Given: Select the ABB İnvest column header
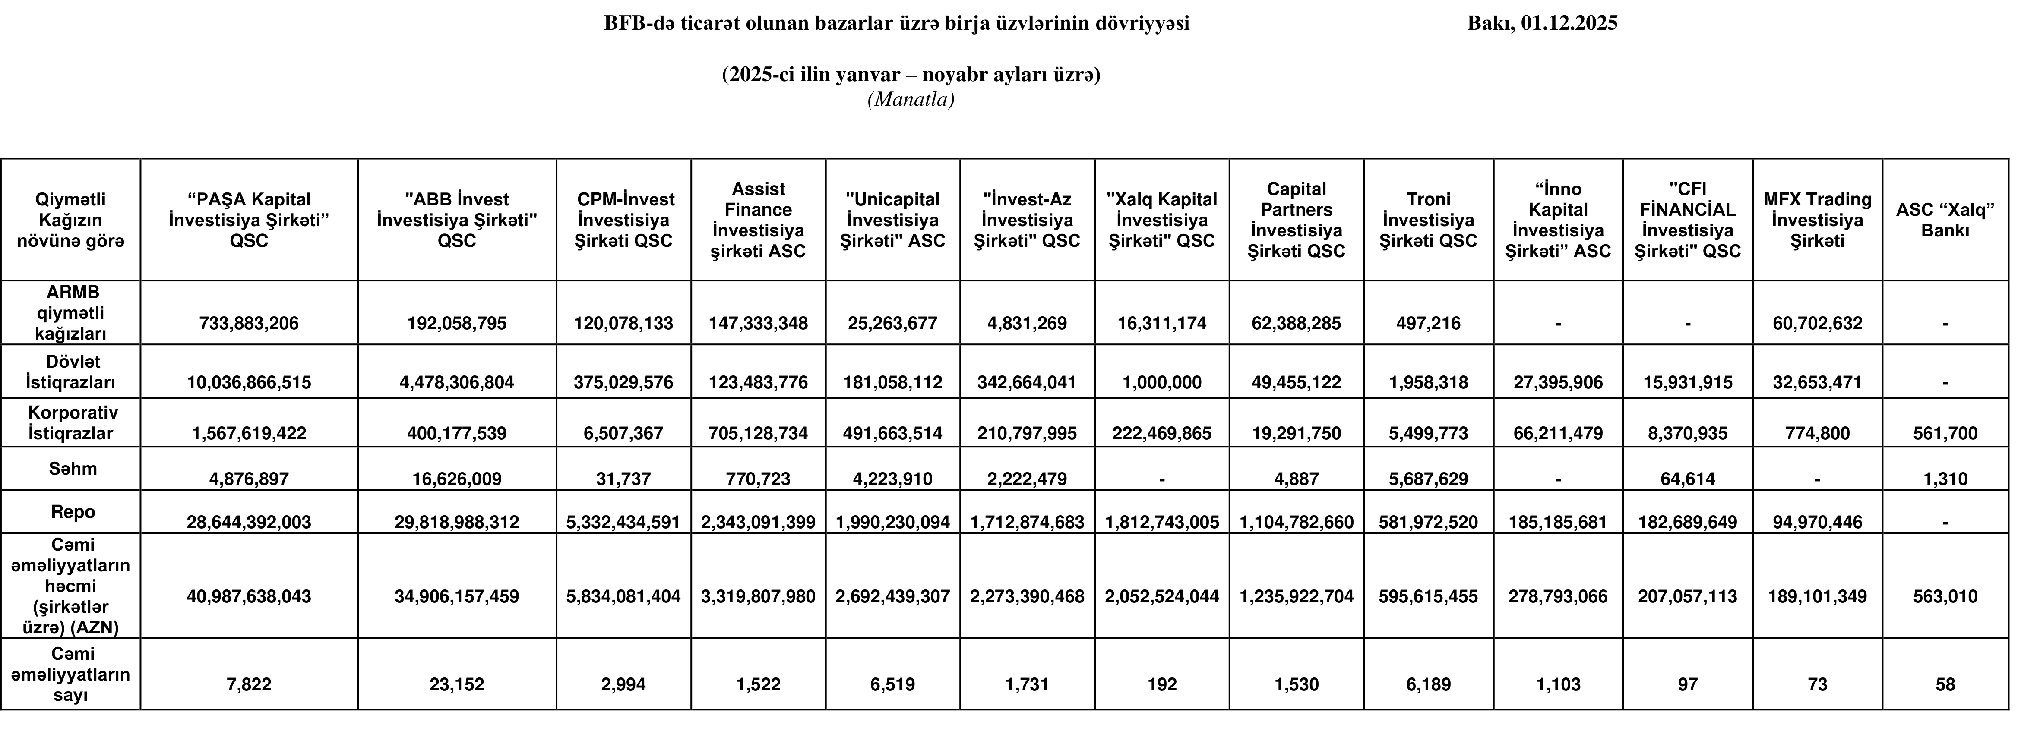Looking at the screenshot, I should click(x=457, y=221).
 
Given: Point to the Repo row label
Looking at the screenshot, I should click(x=72, y=512).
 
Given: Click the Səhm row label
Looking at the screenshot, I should click(x=72, y=469).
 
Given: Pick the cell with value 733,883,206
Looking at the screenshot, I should click(x=249, y=323).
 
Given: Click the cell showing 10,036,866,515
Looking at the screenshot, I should click(x=249, y=383).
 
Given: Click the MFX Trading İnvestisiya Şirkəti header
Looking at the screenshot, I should click(x=1817, y=221).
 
